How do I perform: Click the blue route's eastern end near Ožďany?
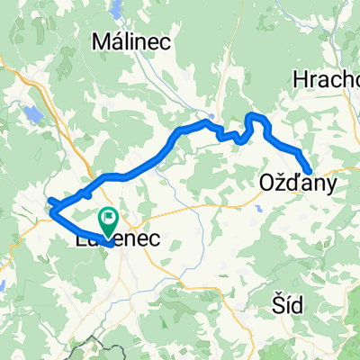[310, 171]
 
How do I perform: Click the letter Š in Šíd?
[279, 307]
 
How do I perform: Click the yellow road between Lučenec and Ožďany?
[198, 208]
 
